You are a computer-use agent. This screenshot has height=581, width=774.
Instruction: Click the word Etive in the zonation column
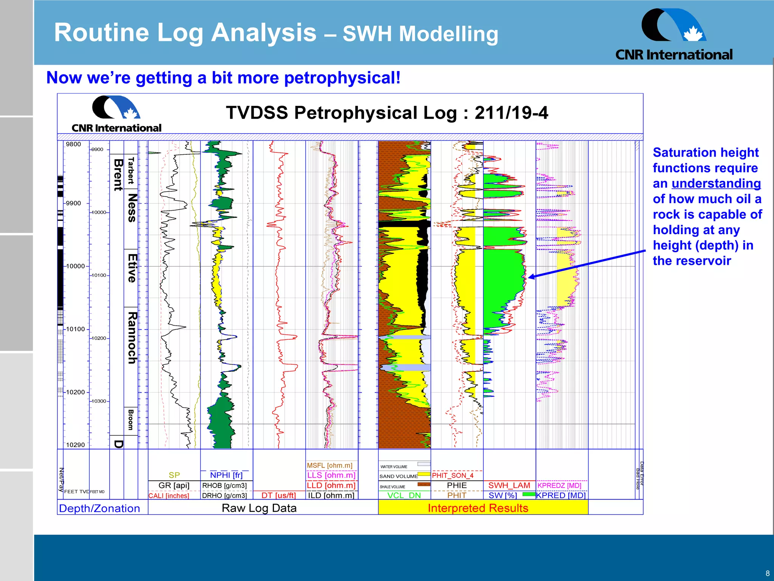tap(132, 268)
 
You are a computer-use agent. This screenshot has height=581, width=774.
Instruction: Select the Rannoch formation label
tap(132, 338)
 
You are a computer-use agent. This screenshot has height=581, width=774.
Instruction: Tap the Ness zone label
tap(132, 208)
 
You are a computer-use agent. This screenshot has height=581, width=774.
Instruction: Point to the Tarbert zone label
tap(131, 171)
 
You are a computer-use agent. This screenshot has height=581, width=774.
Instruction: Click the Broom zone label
tap(131, 419)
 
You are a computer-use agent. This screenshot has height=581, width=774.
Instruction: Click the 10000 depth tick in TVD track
tap(76, 266)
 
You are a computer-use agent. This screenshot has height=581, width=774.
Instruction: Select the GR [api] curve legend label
tap(174, 485)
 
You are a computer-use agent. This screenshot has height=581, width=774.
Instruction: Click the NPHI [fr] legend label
tap(226, 475)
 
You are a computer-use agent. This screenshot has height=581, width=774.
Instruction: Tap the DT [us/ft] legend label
tap(279, 495)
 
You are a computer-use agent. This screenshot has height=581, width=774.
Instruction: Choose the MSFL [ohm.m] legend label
tap(330, 465)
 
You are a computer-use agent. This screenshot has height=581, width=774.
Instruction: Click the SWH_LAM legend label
tap(509, 485)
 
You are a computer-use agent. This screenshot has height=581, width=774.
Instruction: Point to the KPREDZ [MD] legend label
tap(559, 485)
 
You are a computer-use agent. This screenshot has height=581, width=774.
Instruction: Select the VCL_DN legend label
tap(404, 495)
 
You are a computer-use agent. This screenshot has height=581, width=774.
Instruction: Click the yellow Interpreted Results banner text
tap(478, 508)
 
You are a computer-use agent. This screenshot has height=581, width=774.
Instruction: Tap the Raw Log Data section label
tap(259, 508)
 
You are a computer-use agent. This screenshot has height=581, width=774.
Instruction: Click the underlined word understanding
tap(716, 183)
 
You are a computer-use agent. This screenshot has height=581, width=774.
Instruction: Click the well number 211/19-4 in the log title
tap(511, 113)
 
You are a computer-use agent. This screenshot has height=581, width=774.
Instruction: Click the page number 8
tap(767, 573)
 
